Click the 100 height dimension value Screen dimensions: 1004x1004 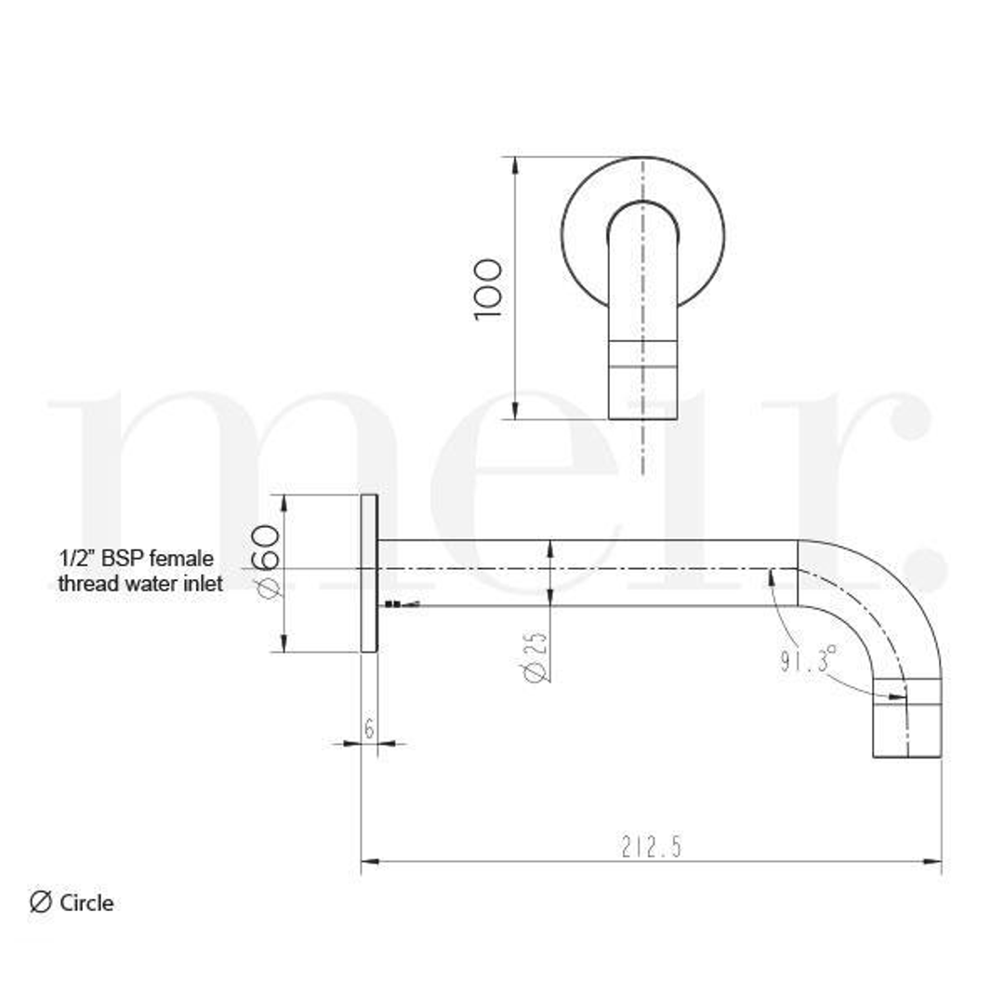(x=487, y=290)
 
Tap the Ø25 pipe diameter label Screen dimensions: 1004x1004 (x=535, y=658)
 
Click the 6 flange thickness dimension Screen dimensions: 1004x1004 (x=369, y=730)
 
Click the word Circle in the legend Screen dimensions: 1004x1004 (x=86, y=903)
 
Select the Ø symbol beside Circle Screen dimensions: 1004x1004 (x=41, y=902)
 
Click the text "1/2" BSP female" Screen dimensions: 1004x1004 (x=136, y=560)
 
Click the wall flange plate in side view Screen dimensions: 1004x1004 (x=369, y=573)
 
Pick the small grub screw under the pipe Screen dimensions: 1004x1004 (x=393, y=605)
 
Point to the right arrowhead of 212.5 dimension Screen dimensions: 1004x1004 (x=932, y=861)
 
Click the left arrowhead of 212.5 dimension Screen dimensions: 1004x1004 (x=370, y=861)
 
